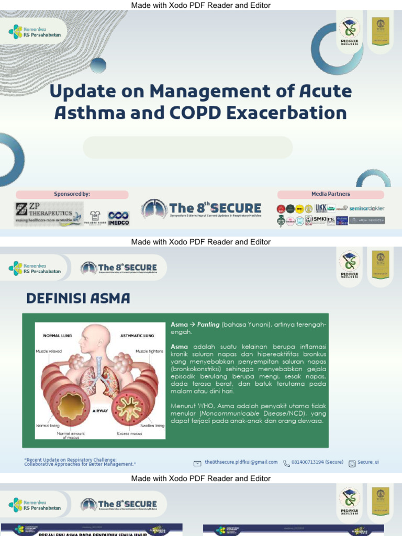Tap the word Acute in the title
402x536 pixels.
(323, 91)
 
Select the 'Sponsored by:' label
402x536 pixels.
(72, 194)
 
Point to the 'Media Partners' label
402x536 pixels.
(331, 194)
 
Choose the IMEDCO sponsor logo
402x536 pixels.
(118, 217)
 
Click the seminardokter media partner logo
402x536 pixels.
(367, 208)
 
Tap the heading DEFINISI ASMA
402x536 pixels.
(78, 299)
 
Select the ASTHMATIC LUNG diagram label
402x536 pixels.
(137, 336)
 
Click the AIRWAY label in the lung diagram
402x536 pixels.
(99, 411)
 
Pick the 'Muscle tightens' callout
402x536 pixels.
(149, 351)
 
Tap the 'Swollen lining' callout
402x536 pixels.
(152, 426)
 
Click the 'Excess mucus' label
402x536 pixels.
(131, 433)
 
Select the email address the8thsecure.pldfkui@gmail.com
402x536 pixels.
(241, 462)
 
